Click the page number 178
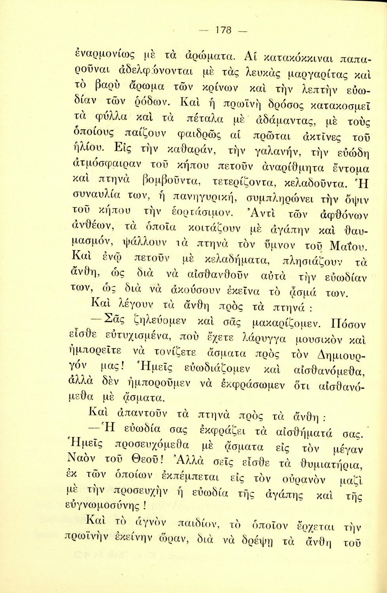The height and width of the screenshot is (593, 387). tap(224, 30)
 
